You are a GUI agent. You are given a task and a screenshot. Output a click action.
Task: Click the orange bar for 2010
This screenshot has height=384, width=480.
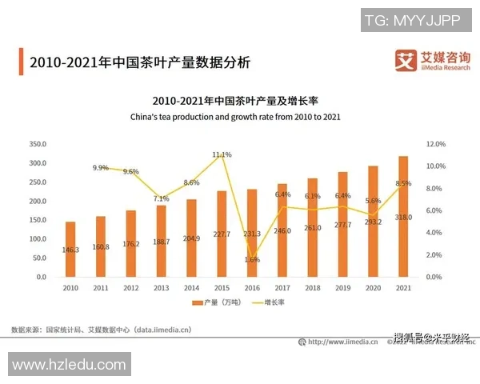70,249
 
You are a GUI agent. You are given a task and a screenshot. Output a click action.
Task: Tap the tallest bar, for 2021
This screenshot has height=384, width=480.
403,216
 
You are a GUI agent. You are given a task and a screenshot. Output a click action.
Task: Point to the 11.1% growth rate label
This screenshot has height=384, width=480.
222,154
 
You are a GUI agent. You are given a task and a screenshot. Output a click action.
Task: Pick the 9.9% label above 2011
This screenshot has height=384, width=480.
101,168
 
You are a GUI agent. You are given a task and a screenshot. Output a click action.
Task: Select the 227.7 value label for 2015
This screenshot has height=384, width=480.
222,234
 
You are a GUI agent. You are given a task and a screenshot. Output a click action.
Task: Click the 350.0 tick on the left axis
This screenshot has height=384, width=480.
37,144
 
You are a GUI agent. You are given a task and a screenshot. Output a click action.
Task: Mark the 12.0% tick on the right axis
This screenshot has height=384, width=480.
435,144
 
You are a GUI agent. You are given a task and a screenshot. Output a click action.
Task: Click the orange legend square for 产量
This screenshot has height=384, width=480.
196,302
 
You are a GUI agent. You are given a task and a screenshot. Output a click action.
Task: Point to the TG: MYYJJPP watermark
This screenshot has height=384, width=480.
412,20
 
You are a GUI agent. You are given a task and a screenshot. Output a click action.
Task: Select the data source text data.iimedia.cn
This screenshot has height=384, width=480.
164,329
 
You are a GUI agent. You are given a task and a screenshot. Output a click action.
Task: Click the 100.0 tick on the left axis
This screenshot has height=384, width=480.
37,239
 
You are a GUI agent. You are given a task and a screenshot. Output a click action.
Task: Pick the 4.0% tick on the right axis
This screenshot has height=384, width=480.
435,233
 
